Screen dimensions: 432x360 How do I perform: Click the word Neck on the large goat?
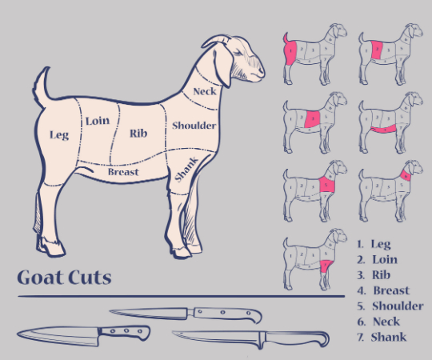[205, 91]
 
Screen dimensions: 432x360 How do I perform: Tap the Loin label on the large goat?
[98, 121]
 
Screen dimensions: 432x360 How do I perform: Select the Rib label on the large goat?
[138, 134]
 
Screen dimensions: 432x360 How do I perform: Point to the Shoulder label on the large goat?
[194, 126]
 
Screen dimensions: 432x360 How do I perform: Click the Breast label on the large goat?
[123, 172]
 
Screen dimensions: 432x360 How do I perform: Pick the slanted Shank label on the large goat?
[186, 170]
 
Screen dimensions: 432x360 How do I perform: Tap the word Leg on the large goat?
[59, 135]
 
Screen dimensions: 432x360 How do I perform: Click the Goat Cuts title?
[65, 277]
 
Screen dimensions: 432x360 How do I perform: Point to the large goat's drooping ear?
[224, 66]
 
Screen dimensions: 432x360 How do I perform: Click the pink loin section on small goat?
[377, 50]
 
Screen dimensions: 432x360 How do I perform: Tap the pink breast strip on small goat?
[383, 129]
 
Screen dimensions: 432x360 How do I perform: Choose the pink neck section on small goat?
[406, 175]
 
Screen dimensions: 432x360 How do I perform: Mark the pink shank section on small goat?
[326, 266]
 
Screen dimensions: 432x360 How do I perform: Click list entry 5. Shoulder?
[390, 306]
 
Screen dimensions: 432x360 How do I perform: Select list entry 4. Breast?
[383, 290]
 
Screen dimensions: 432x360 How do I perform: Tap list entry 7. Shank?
[382, 337]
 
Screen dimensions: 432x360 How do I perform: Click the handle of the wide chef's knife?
[125, 332]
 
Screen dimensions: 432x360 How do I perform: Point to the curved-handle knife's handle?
[297, 338]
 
